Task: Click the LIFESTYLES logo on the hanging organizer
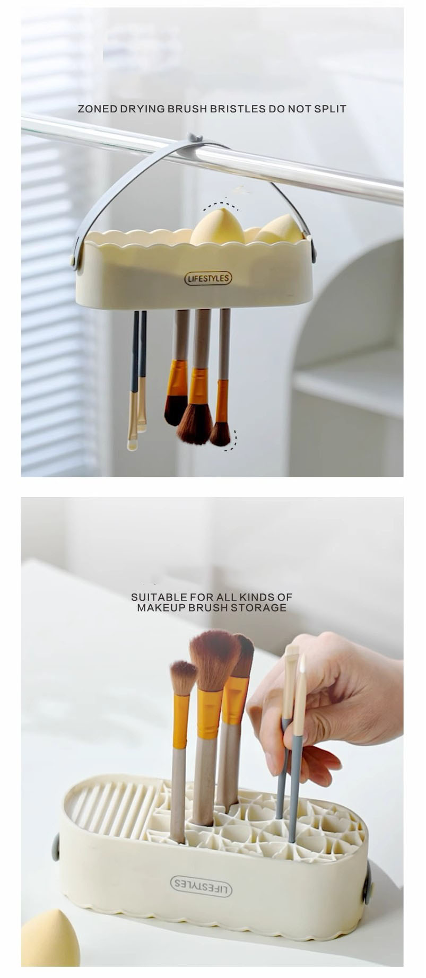208,278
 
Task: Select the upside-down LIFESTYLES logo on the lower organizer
201,885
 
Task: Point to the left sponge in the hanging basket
217,226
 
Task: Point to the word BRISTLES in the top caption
238,109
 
